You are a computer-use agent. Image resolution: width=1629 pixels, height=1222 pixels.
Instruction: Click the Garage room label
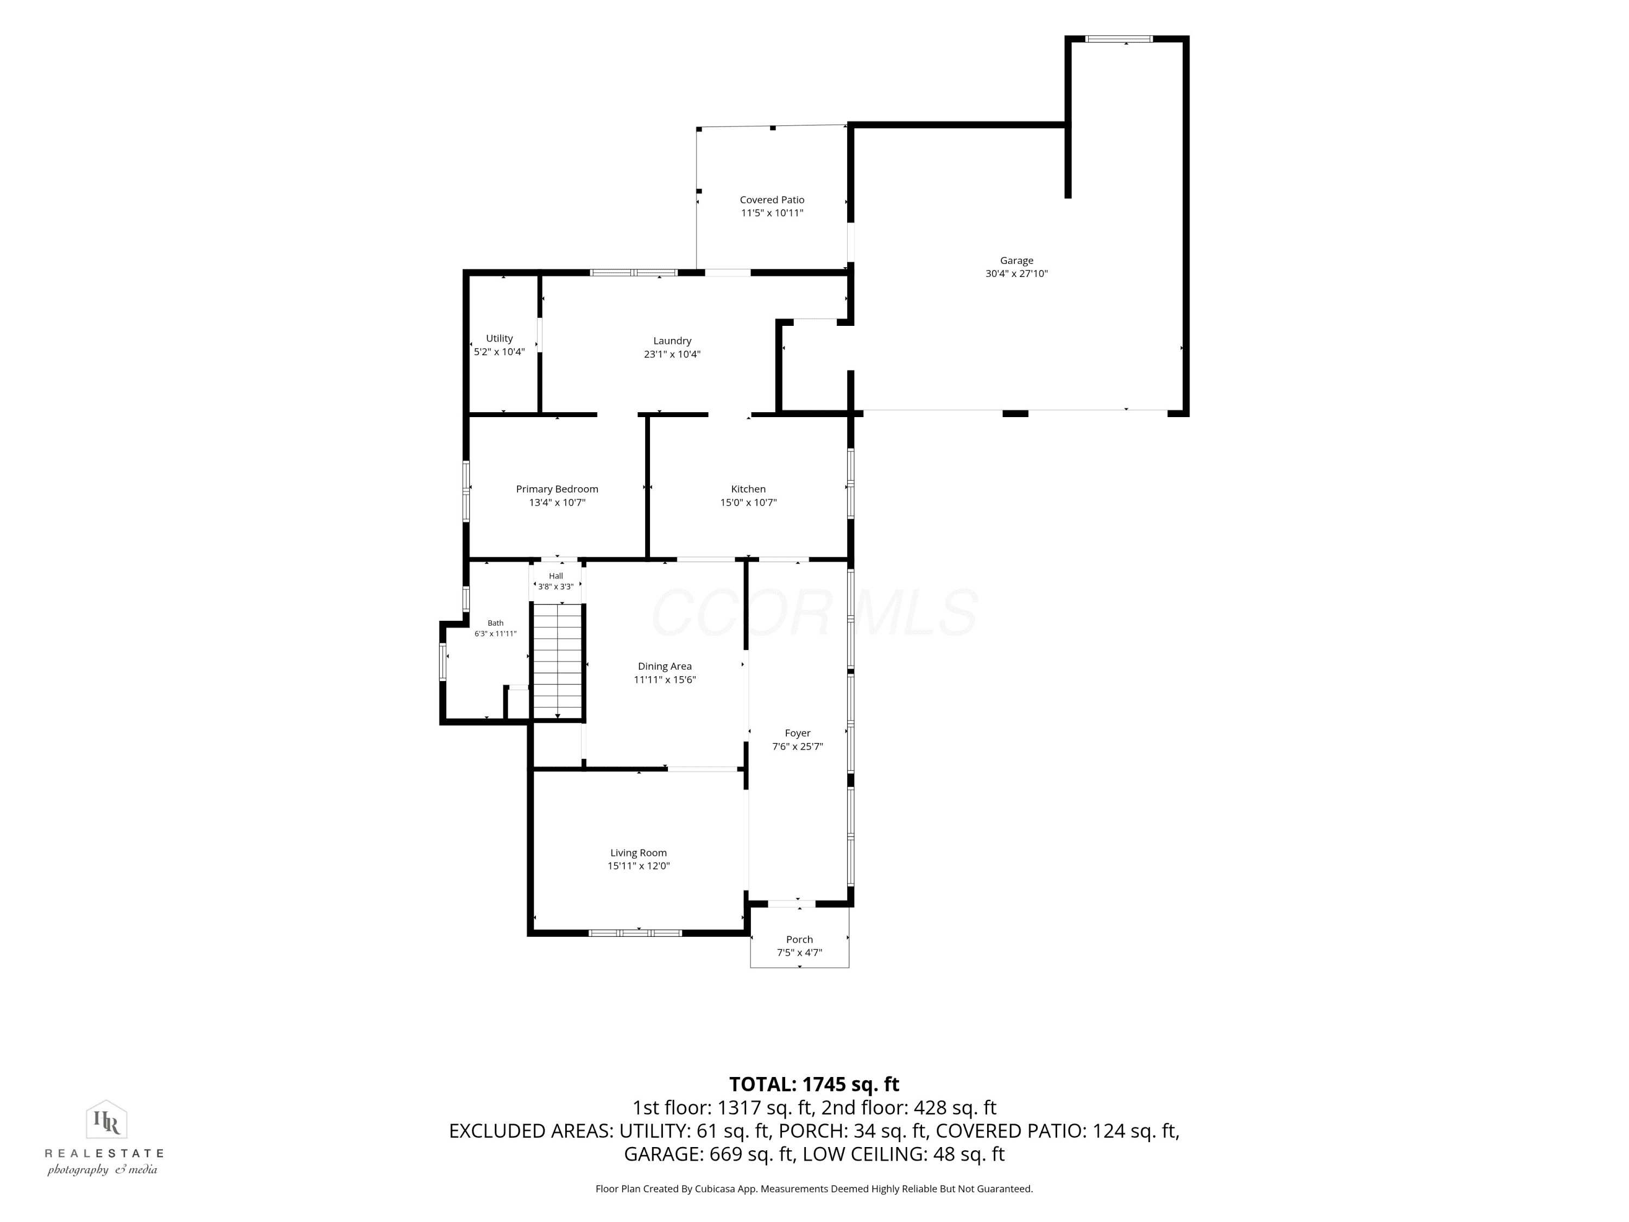pos(1016,260)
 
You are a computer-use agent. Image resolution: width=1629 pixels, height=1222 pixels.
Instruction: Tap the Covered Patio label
pos(772,200)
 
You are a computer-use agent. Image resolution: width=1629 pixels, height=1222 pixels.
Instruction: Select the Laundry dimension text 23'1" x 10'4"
pos(672,354)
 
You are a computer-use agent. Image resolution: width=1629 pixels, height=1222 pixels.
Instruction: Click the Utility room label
pos(500,339)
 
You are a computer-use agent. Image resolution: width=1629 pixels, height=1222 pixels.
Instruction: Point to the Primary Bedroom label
pos(557,489)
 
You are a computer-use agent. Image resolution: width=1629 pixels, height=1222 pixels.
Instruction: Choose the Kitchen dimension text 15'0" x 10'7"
pos(748,503)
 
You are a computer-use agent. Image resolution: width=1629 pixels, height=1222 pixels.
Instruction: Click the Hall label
pos(556,576)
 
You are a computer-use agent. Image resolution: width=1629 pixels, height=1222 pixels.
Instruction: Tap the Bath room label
pos(496,623)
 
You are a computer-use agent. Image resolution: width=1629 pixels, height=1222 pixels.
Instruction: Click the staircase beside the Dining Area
pos(558,662)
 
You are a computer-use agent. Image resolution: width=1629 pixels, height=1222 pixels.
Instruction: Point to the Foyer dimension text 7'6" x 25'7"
pos(798,746)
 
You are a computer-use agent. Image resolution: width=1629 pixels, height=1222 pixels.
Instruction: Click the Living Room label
pos(639,853)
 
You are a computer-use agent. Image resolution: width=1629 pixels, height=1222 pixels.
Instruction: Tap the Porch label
pos(799,939)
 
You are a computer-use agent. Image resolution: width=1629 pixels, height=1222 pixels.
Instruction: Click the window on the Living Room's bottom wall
pos(635,933)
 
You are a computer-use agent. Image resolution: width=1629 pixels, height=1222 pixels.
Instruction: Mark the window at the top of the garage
pos(1119,39)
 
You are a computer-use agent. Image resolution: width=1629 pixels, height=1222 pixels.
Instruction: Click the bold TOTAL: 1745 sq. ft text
pos(814,1084)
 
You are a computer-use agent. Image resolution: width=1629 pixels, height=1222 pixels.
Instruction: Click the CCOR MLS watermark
pos(814,613)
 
